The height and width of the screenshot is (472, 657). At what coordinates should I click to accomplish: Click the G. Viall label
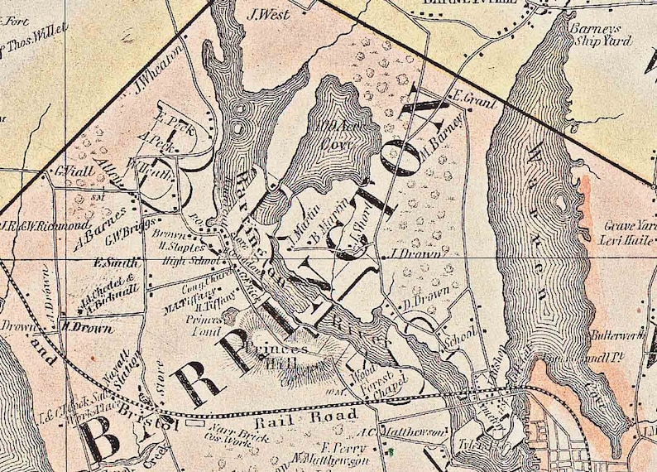pos(72,172)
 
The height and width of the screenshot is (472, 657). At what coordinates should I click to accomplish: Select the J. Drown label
pos(414,253)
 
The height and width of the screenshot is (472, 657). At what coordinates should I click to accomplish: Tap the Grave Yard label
pos(628,224)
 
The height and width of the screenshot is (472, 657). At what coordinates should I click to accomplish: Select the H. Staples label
pos(176,246)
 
